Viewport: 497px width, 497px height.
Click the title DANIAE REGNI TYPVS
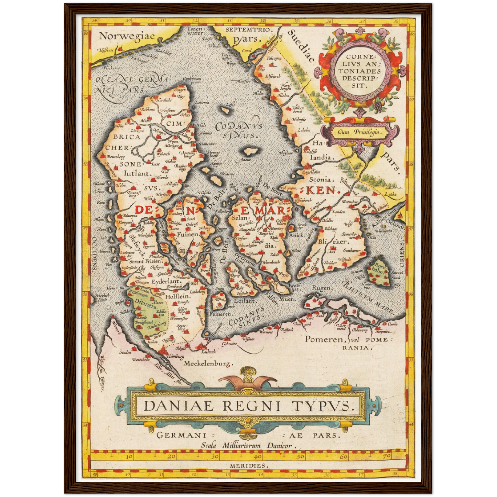[x=248, y=406]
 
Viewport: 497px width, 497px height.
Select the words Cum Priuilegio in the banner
[x=360, y=132]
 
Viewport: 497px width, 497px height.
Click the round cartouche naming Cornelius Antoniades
[x=359, y=71]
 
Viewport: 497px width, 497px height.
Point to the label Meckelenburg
[x=208, y=363]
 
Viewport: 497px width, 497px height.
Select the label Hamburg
[x=175, y=357]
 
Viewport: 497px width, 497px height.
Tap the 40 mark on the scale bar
[x=257, y=457]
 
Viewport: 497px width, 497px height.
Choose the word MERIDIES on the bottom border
[x=248, y=465]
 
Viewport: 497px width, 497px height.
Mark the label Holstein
[x=177, y=296]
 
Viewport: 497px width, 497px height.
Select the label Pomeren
[x=325, y=339]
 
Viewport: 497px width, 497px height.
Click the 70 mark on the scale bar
[x=386, y=457]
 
